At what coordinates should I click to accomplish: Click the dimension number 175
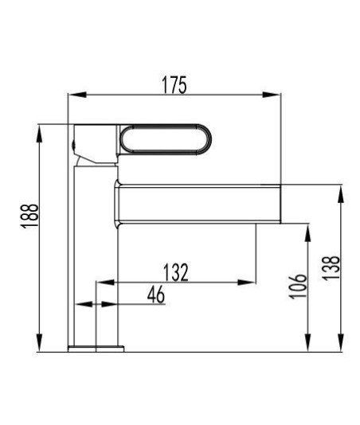point(174,85)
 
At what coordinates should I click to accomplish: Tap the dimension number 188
point(30,216)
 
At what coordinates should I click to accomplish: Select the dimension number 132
point(176,272)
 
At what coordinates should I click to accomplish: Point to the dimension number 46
point(156,294)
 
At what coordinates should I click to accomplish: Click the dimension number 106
point(298,287)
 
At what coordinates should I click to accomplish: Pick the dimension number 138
point(331,267)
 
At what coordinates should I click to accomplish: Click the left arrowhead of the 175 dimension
point(77,95)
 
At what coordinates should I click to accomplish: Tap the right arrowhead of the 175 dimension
point(271,95)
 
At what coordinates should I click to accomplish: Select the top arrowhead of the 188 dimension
point(39,134)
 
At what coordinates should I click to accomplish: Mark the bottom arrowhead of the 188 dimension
point(39,343)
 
